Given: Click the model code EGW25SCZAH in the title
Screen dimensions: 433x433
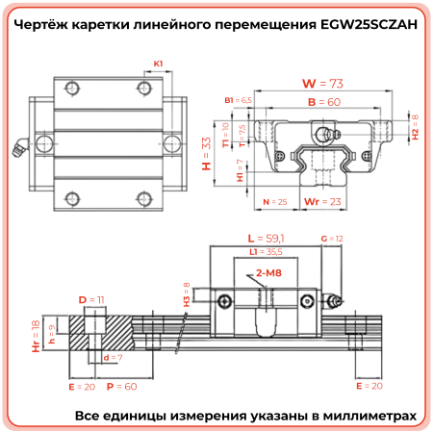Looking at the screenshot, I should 364,27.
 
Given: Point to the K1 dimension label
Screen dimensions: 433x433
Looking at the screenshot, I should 158,64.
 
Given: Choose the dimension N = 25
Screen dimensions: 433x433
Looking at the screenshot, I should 275,203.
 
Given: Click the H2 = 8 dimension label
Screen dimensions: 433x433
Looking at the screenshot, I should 415,128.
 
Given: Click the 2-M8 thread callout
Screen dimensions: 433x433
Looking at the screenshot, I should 268,274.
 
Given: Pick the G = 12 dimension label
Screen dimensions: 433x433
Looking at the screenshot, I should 330,237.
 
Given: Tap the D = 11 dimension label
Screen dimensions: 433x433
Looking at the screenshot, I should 89,300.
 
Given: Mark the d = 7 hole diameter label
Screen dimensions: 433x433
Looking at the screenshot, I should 110,357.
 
